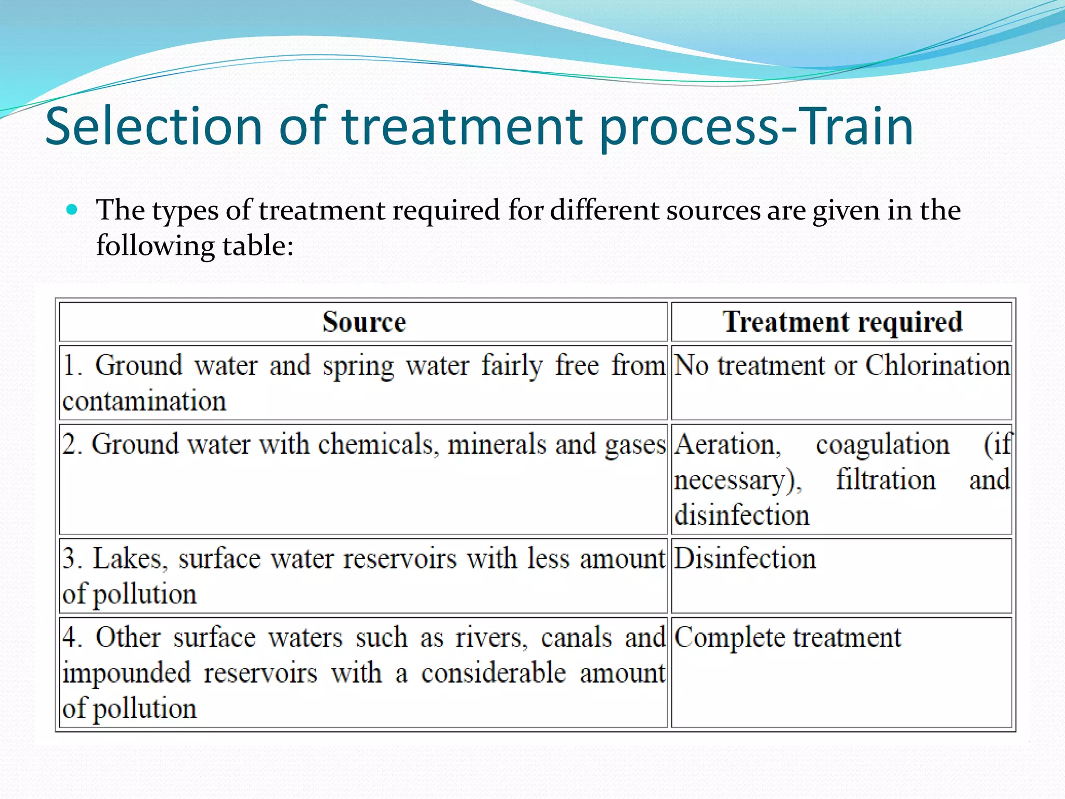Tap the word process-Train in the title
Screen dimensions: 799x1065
point(755,126)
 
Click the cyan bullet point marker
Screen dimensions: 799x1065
point(72,210)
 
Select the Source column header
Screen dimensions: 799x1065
point(363,322)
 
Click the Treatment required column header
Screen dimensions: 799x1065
point(842,322)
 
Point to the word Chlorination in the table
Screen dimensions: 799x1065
point(938,365)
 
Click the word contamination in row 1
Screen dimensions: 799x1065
point(144,401)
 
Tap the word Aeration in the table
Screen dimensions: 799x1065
point(728,445)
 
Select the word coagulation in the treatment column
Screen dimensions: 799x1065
point(882,445)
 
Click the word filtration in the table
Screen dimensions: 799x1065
point(886,480)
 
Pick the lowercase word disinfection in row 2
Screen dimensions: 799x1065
point(742,515)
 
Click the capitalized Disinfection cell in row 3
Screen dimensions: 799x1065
point(745,559)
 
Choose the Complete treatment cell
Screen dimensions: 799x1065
point(787,638)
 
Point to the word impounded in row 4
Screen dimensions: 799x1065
point(127,673)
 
